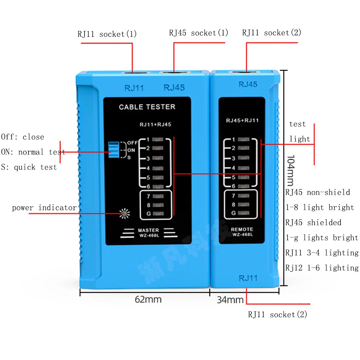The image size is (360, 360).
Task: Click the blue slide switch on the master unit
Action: (x=114, y=150)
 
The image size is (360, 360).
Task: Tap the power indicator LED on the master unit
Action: (x=125, y=214)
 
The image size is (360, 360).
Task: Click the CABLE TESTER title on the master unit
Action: (x=147, y=107)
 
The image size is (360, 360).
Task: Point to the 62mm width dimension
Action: (x=148, y=299)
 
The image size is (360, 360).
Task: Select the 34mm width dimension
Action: (x=230, y=300)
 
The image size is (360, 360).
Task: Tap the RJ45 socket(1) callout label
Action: (x=199, y=33)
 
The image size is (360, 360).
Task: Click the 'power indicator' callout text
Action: (x=44, y=208)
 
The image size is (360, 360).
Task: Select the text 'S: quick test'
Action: (x=29, y=167)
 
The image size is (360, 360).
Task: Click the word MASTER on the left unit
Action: (x=148, y=230)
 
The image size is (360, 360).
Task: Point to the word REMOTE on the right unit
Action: (x=242, y=229)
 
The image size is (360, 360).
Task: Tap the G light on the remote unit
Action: (x=244, y=213)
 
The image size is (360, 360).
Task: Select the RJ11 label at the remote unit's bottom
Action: (x=248, y=278)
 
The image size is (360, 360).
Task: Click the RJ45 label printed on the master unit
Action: (x=174, y=87)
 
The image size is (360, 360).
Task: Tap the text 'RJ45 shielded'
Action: (x=313, y=222)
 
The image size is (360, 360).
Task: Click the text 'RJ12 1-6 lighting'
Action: (x=322, y=268)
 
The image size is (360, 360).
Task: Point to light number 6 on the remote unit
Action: (x=244, y=186)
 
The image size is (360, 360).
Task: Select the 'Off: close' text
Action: (x=22, y=137)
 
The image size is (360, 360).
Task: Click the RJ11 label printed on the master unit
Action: (x=134, y=88)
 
